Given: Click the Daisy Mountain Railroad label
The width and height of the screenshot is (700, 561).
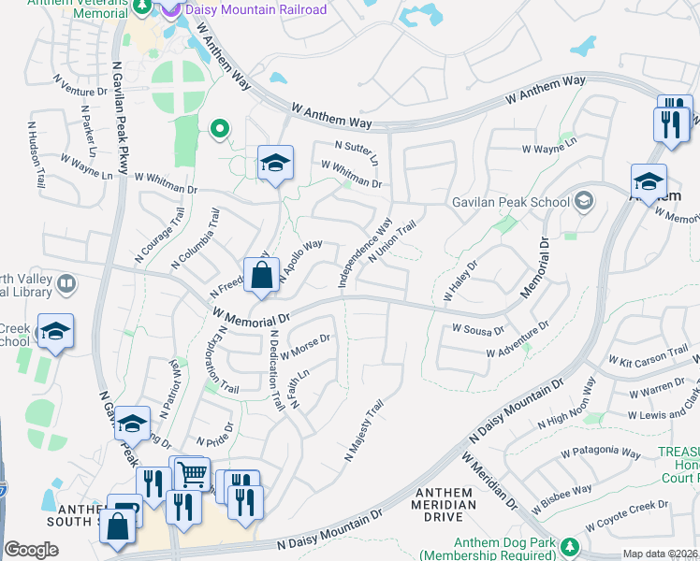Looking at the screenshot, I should pos(255,10).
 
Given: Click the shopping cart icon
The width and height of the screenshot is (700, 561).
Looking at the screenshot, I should pos(192,473).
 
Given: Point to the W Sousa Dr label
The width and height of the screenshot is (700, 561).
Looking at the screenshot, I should pos(478,329).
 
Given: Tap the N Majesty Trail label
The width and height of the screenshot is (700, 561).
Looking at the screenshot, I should pos(364,431).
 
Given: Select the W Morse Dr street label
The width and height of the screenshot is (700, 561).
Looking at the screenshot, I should pos(305,347).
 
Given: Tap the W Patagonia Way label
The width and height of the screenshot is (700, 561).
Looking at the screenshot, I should pos(600,453).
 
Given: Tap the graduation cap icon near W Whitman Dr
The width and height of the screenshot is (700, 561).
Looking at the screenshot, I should pos(275,163).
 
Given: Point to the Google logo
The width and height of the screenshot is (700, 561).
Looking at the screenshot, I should pos(31,549).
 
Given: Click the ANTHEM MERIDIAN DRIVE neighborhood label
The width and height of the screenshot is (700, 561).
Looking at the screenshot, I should pos(439,505).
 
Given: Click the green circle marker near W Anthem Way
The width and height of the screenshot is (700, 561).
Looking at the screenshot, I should pos(220,129).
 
